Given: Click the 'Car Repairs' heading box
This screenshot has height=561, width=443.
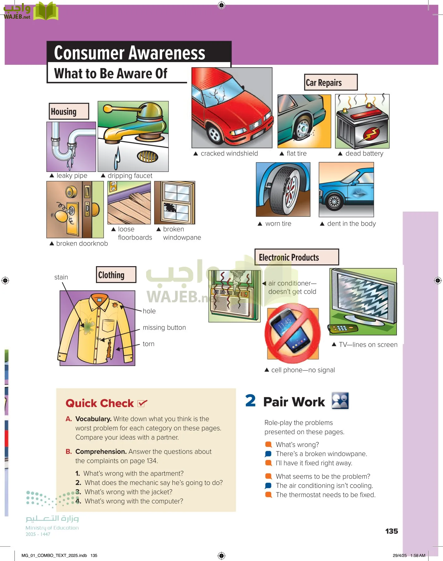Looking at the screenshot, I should click(330, 83).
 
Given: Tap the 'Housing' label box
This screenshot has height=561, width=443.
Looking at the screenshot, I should click(69, 111).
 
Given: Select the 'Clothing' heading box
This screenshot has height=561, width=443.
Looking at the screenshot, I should click(116, 275).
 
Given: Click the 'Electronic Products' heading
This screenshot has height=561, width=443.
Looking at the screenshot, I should click(296, 257).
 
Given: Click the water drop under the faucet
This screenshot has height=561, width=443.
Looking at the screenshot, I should click(117, 158).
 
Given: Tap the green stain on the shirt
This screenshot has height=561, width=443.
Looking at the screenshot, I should click(88, 326).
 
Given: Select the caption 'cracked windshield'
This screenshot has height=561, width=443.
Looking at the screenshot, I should click(229, 153).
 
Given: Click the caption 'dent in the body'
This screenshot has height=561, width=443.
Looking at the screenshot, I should click(351, 223).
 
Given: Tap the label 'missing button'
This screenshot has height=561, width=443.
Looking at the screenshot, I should click(164, 328).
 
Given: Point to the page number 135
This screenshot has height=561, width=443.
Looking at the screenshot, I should click(392, 531).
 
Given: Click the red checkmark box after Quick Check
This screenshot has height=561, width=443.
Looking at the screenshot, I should click(142, 403).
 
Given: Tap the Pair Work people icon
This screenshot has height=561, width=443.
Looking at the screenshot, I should click(340, 401).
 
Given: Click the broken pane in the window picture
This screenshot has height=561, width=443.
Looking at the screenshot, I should click(170, 207).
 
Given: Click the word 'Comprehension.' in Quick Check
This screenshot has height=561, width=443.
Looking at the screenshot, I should click(101, 452).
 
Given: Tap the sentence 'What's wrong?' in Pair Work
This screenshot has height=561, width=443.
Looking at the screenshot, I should click(297, 444).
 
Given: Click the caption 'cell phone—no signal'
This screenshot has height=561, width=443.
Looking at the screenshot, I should click(303, 370).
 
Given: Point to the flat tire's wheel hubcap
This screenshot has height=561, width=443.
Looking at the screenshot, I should click(302, 129).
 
